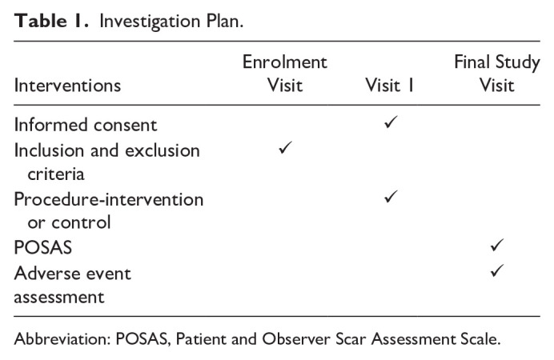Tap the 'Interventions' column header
pos(67,84)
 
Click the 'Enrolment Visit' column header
pos(285,73)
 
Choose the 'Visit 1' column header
pos(388,84)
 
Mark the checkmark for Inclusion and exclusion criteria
pos(285,149)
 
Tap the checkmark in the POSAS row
pos(496,246)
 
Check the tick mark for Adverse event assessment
pos(496,271)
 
